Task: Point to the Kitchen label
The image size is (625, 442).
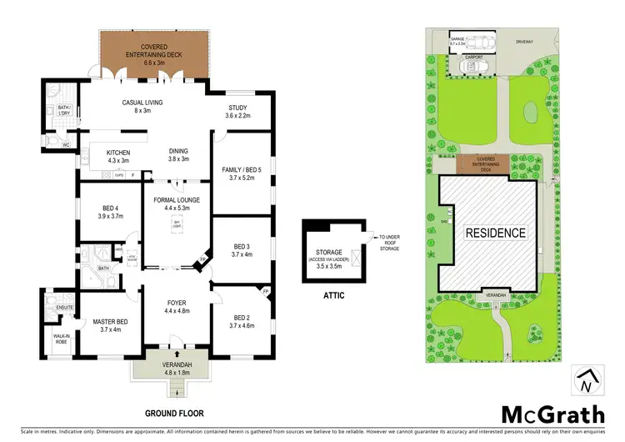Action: pyautogui.click(x=117, y=155)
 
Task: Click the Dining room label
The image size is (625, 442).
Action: pyautogui.click(x=179, y=155)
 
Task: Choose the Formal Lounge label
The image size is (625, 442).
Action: pyautogui.click(x=171, y=203)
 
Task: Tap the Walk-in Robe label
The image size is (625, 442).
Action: pyautogui.click(x=62, y=339)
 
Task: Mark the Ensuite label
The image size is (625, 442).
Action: pyautogui.click(x=65, y=308)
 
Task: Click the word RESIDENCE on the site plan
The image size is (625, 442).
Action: pyautogui.click(x=495, y=233)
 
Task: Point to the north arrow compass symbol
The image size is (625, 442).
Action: pyautogui.click(x=586, y=381)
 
